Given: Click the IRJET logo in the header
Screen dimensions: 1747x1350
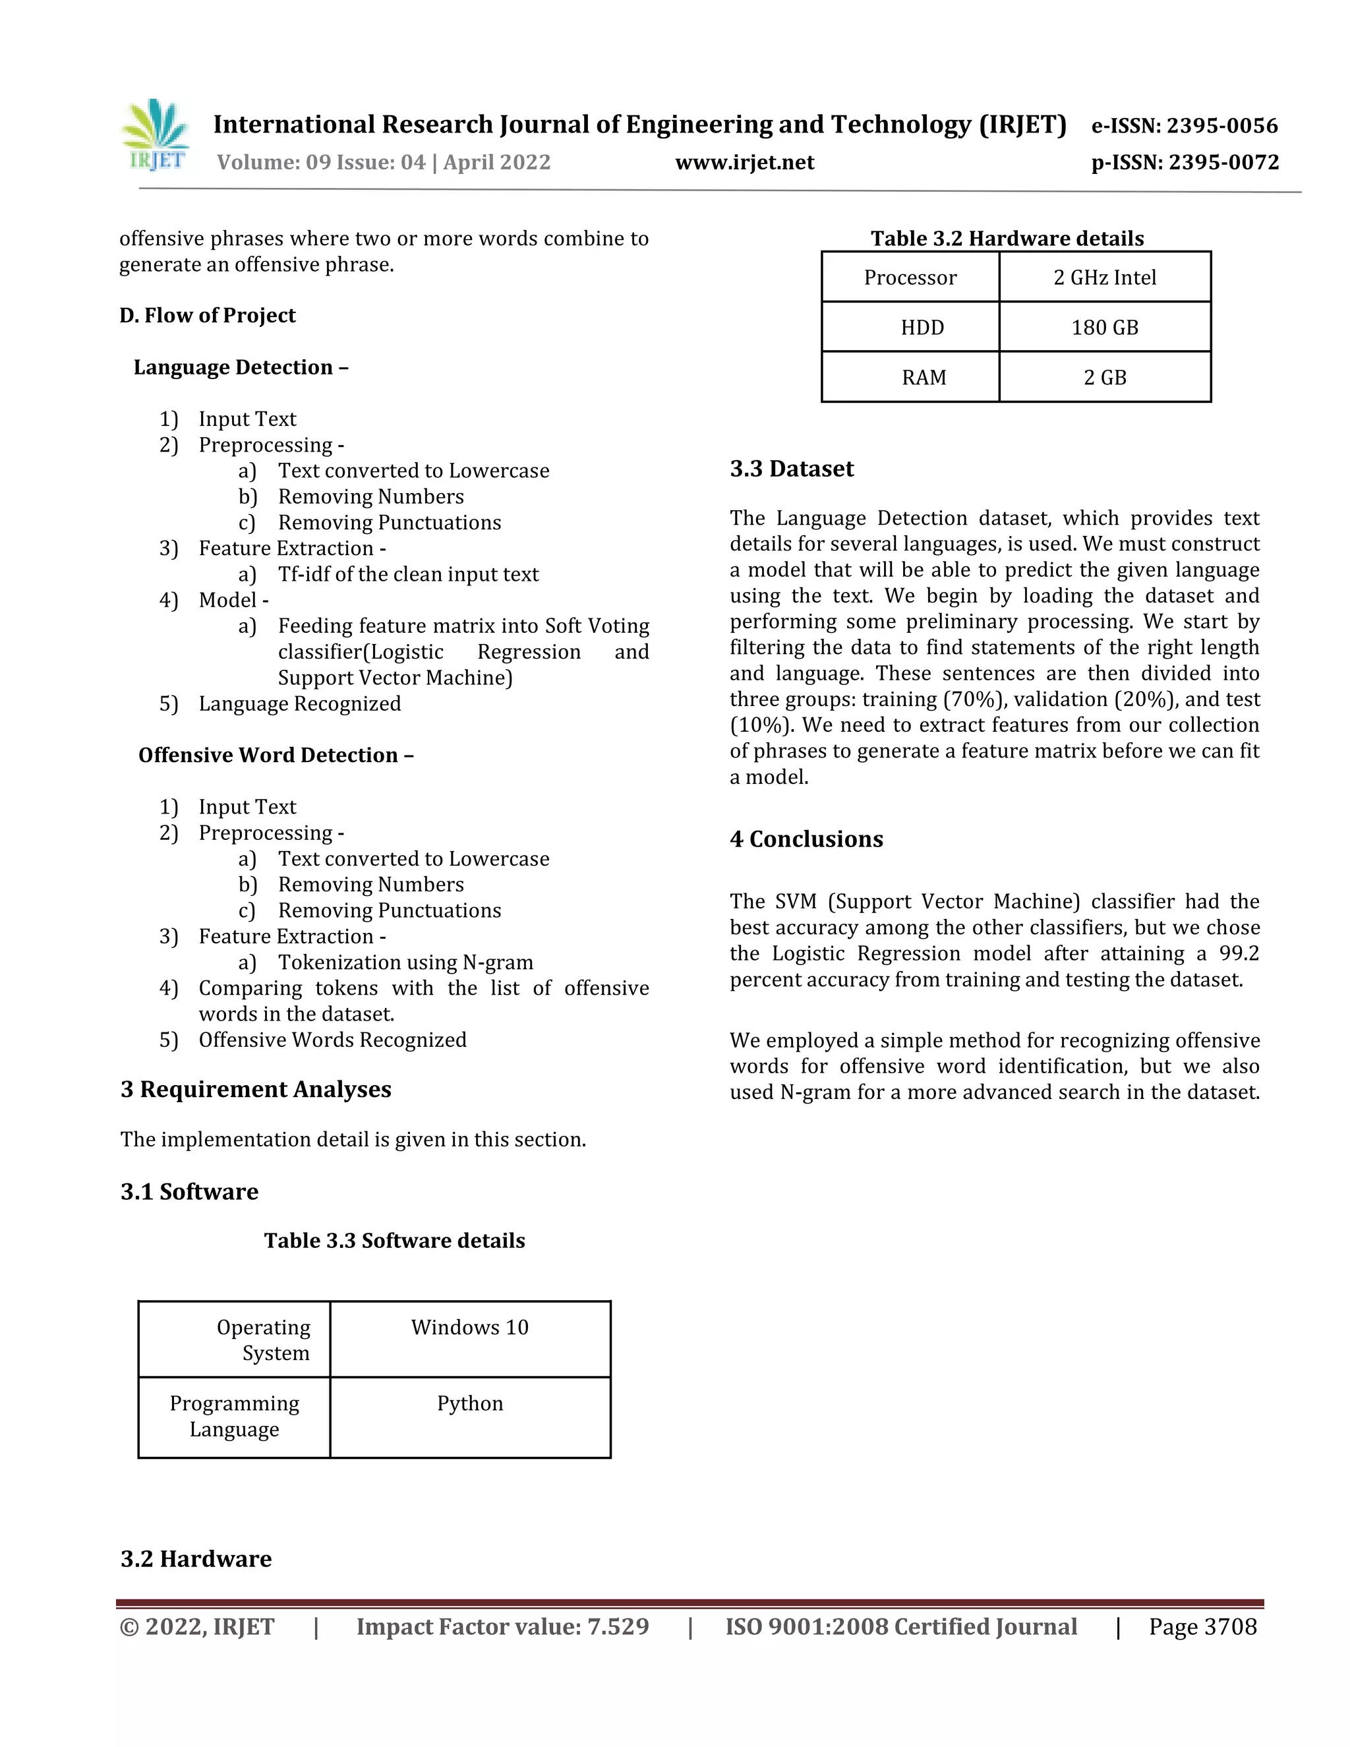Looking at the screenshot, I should (156, 136).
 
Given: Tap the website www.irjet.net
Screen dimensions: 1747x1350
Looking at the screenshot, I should (745, 162).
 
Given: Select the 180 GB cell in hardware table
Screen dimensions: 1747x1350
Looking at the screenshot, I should (1105, 327).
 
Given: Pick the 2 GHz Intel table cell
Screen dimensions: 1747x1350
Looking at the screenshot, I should (1105, 278).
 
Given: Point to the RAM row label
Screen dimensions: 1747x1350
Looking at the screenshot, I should (923, 378).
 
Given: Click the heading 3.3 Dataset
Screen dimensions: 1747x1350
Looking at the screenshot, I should (791, 469).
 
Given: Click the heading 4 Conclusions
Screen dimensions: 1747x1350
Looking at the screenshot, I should (806, 839).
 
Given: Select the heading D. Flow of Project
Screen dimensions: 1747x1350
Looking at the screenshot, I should (207, 315).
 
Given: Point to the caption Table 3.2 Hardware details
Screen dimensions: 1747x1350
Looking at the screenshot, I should (1007, 239).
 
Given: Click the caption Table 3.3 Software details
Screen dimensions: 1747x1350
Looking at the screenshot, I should (394, 1241).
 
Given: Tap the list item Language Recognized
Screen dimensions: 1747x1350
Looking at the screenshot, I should (299, 704).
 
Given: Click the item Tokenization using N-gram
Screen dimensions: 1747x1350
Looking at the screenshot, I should (405, 962).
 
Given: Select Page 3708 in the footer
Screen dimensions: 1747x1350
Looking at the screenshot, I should (1202, 1627).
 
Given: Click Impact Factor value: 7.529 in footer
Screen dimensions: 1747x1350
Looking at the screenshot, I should (502, 1627).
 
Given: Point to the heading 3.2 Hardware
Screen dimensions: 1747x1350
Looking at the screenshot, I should (196, 1559).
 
